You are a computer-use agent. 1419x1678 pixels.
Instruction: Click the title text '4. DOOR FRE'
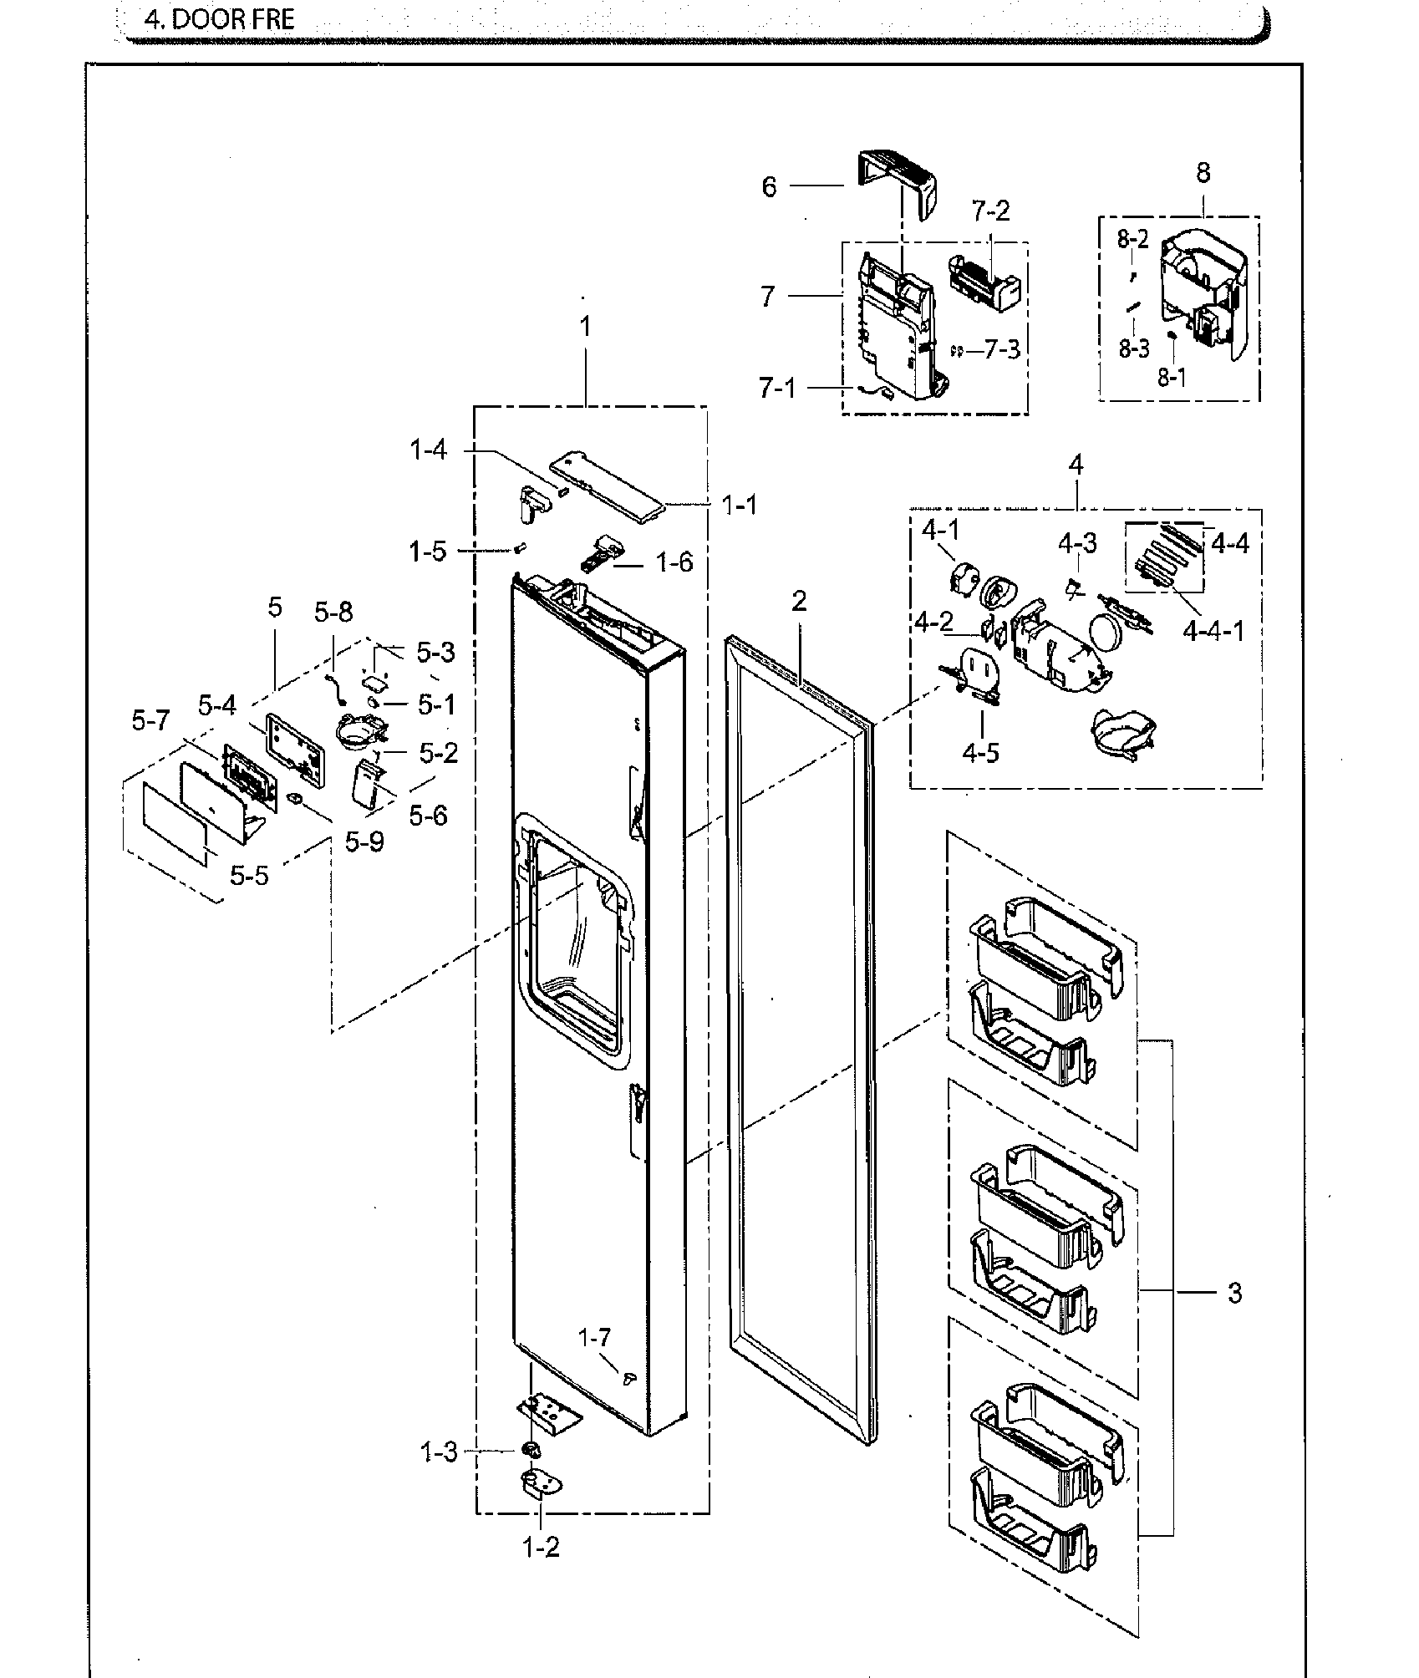coord(220,19)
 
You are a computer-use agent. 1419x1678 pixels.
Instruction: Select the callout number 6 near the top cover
coord(769,186)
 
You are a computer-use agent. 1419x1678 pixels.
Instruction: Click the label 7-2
coord(990,211)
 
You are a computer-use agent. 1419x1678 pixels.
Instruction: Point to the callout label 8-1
coord(1171,377)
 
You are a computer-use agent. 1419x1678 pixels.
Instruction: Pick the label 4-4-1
coord(1213,631)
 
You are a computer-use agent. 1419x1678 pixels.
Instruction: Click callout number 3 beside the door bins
coord(1234,1293)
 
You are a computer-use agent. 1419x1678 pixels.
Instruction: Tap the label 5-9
coord(364,842)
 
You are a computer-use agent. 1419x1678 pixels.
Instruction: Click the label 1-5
coord(427,551)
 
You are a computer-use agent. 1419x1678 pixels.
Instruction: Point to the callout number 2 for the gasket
coord(799,601)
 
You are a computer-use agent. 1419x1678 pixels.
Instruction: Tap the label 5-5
coord(250,876)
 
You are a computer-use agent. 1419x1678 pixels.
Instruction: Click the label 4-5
coord(980,752)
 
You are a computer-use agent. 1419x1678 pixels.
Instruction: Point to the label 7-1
coord(777,388)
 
